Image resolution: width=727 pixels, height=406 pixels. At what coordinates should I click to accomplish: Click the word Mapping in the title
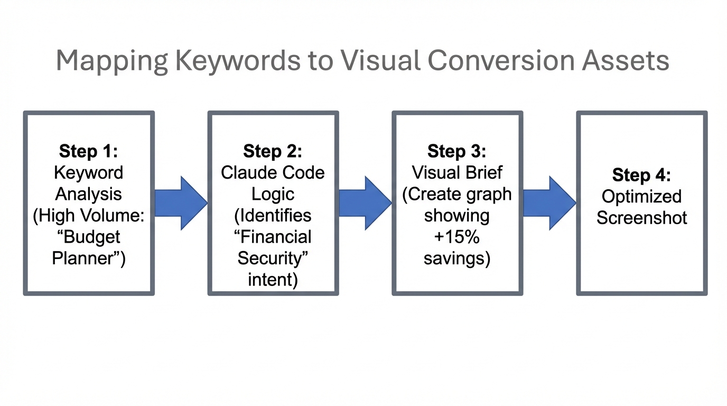[111, 61]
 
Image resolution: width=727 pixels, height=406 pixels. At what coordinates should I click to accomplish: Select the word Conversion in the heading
[500, 61]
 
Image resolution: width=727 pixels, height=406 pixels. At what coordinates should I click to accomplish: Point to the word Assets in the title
[625, 61]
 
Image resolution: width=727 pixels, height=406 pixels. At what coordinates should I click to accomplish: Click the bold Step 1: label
[89, 151]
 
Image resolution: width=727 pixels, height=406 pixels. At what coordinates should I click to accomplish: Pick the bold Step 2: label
[273, 151]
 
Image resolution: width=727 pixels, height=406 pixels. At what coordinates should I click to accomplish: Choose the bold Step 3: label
[457, 151]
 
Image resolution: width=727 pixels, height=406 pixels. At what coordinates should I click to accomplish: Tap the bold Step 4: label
[641, 174]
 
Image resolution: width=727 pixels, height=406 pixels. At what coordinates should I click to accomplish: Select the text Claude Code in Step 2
[273, 173]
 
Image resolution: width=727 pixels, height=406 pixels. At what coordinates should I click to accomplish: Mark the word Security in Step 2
[272, 259]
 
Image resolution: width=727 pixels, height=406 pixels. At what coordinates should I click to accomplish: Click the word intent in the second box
[273, 280]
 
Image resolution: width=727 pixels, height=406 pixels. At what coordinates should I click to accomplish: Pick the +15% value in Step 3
[457, 237]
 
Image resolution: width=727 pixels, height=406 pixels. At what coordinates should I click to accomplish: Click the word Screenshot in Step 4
[641, 218]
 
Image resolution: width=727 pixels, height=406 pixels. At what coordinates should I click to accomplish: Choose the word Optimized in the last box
[641, 196]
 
